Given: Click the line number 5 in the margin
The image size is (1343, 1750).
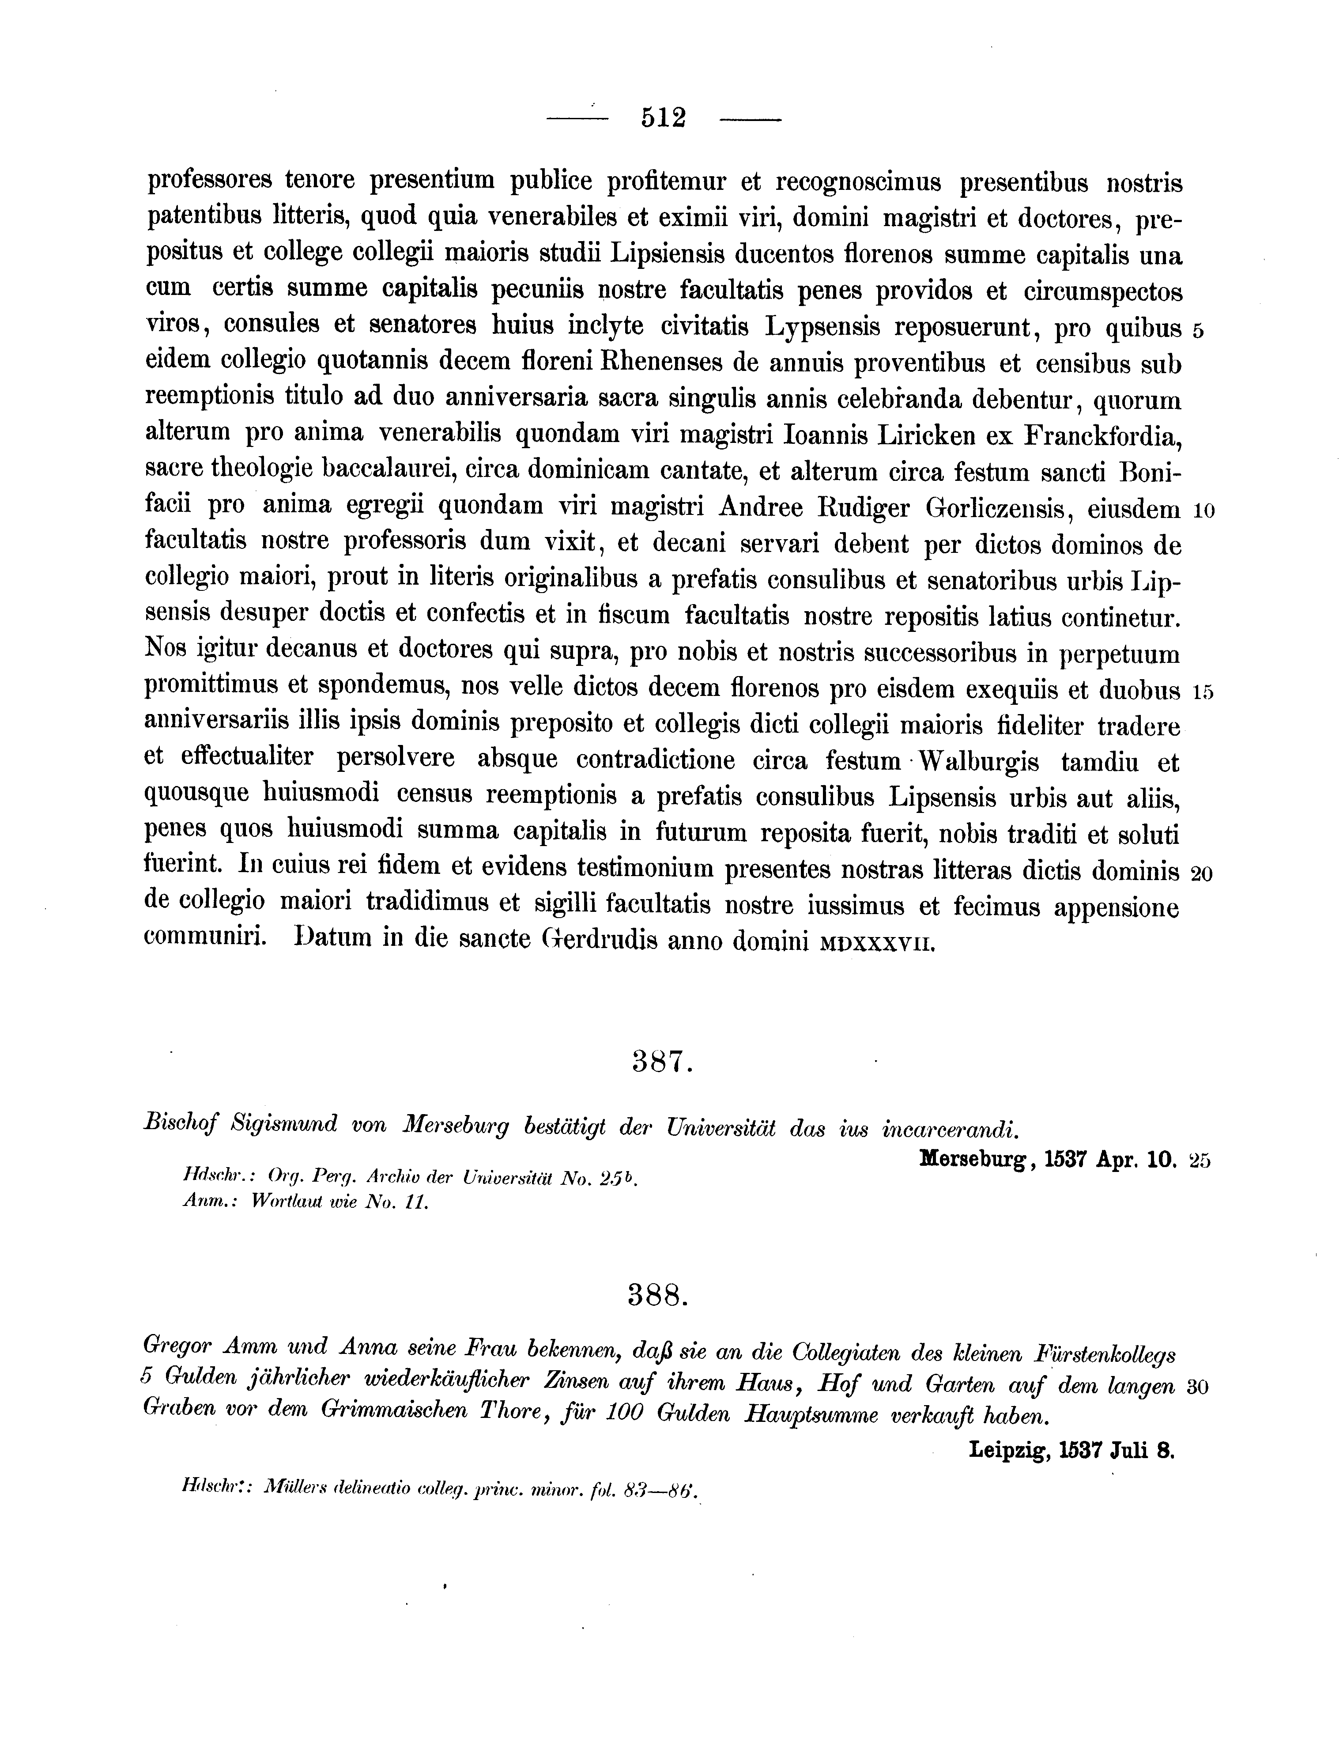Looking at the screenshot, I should point(1197,331).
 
